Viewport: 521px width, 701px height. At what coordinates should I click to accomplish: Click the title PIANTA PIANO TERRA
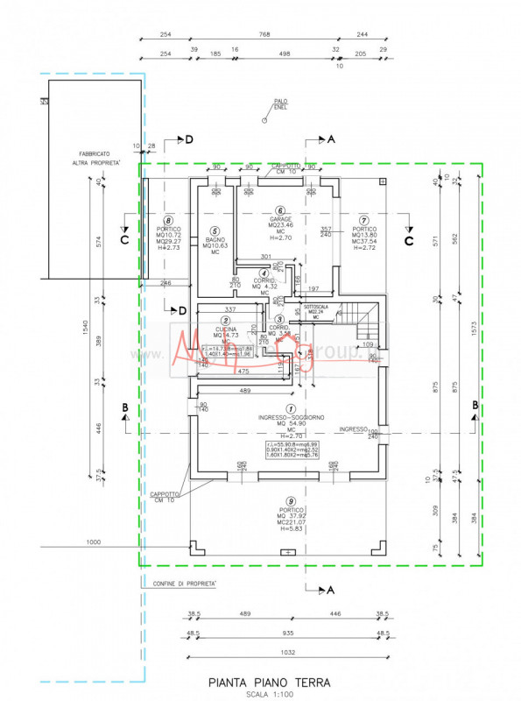coord(270,681)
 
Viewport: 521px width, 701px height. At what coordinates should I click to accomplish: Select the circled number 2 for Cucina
coord(226,321)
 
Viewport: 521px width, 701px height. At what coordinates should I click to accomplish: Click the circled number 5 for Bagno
coord(215,231)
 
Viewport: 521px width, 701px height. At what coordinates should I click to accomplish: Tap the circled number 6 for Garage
coord(280,210)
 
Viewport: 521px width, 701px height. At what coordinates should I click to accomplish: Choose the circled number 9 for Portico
coord(289,500)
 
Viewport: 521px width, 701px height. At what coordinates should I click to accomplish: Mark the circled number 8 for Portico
coord(169,222)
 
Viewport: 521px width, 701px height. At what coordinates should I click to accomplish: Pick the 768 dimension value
coord(263,36)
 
